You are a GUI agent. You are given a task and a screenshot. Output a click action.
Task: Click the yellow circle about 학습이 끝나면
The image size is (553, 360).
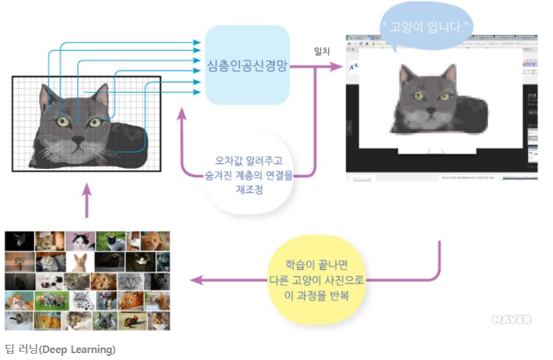click(317, 281)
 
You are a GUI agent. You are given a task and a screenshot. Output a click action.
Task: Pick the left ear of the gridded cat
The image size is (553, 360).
click(47, 96)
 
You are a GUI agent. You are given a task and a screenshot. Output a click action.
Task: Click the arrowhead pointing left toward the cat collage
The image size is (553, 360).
click(195, 280)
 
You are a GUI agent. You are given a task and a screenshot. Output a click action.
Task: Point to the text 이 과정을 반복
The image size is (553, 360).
click(317, 294)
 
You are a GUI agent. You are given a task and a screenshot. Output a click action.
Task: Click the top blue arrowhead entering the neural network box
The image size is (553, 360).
click(197, 43)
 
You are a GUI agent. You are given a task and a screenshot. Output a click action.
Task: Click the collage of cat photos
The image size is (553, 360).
click(87, 280)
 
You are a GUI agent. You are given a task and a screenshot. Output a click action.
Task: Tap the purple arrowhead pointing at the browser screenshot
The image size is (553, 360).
click(338, 67)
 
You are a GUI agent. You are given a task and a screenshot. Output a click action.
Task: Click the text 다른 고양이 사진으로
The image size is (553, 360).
click(317, 280)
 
